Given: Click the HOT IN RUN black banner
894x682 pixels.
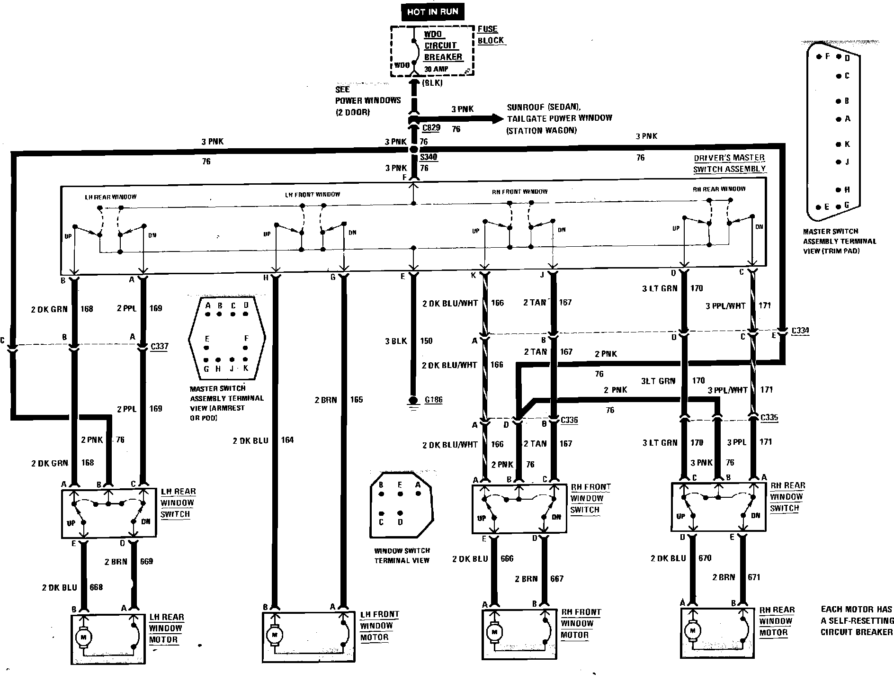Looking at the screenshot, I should [x=433, y=12].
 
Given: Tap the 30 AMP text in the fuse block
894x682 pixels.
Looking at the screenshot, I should [x=436, y=69].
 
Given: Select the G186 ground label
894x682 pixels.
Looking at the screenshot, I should [x=433, y=400].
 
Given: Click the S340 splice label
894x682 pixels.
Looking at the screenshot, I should [x=428, y=157].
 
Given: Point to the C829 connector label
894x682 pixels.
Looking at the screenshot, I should [x=431, y=128].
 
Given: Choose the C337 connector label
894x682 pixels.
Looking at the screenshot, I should [x=159, y=346].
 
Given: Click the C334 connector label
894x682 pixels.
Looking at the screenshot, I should [x=800, y=331].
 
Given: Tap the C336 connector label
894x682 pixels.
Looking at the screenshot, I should [x=569, y=420].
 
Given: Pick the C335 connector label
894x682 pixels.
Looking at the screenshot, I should [x=769, y=418].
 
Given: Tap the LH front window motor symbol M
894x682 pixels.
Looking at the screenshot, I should [x=274, y=633].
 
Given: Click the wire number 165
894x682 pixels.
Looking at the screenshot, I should [x=356, y=400].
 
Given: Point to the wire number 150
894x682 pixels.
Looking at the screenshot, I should [x=426, y=341].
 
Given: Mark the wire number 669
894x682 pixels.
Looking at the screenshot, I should [x=146, y=561].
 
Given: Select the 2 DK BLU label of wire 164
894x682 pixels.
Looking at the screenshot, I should [x=250, y=440].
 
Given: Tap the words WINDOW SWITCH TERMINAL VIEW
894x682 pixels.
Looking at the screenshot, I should [x=402, y=556].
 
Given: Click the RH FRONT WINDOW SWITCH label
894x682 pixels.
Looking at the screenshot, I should [x=590, y=498].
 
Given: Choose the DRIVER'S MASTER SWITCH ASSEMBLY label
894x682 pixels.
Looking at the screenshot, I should [x=729, y=163].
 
